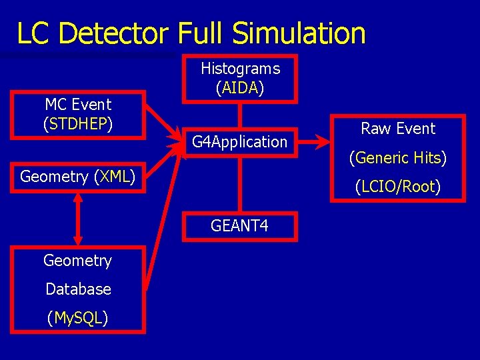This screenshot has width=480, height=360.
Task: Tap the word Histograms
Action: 240,68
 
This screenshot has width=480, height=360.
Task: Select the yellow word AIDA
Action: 240,87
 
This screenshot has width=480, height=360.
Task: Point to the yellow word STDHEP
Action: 78,123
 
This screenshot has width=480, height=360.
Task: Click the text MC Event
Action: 78,104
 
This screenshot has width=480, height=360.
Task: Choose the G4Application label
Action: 239,141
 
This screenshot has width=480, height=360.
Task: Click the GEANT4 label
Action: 239,226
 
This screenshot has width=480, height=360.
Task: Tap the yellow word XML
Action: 115,177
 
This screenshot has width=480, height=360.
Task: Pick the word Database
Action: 78,289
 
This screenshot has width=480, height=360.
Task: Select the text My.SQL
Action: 77,319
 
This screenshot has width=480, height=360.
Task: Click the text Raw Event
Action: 398,129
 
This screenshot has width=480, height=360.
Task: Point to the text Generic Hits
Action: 398,158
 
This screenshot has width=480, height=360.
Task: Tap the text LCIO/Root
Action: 398,187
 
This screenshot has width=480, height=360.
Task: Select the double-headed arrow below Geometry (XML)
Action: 78,219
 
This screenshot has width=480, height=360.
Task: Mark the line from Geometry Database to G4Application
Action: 163,220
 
